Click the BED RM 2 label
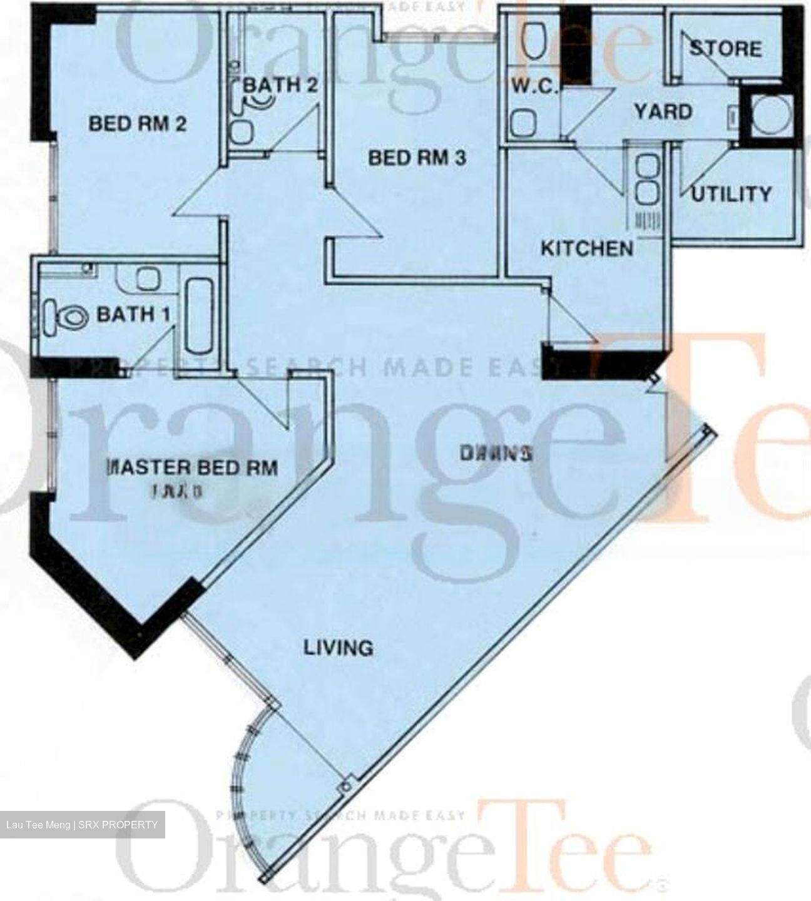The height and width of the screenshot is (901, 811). point(138,124)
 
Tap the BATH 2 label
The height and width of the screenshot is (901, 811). point(280,84)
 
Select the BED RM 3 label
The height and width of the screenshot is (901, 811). point(417,158)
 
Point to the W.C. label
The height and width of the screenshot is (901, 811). point(534,86)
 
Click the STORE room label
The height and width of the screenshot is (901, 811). point(726,49)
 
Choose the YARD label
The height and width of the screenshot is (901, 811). point(663,112)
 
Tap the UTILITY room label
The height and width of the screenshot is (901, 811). point(732,194)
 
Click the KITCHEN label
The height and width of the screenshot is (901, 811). point(586,248)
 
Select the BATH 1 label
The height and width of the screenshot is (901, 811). point(133,313)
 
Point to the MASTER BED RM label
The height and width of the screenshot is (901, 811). point(193,468)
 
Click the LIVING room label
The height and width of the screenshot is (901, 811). point(339,647)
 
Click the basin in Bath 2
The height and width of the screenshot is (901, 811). point(240,132)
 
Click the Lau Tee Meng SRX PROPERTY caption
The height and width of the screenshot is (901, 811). point(82,825)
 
